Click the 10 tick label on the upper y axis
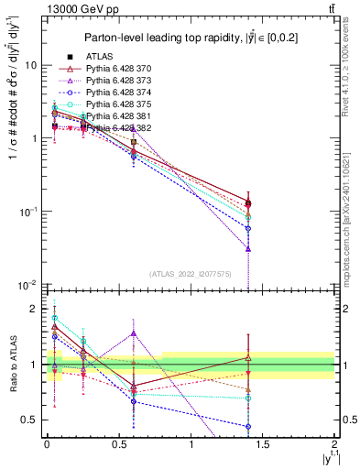pyautogui.click(x=31, y=66)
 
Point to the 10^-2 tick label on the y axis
pyautogui.click(x=28, y=285)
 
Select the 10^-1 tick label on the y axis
pyautogui.click(x=28, y=212)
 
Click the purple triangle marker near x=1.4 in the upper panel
pyautogui.click(x=247, y=248)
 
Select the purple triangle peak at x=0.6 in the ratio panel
pyautogui.click(x=134, y=333)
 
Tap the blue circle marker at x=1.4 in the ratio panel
pyautogui.click(x=247, y=426)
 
